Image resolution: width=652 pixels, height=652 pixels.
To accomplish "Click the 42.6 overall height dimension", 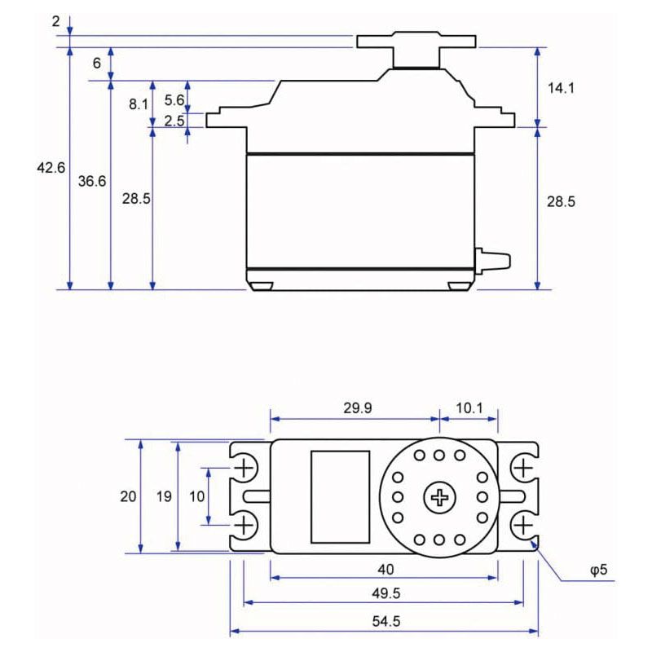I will [51, 168].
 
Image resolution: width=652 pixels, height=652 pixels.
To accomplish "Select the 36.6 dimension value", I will [92, 181].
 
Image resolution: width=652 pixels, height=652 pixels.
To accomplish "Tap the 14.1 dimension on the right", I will [561, 87].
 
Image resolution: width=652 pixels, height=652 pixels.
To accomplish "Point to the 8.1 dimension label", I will [139, 104].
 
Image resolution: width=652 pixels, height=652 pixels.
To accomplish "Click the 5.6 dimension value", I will [174, 99].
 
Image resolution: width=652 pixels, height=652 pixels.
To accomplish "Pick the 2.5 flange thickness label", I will [174, 121].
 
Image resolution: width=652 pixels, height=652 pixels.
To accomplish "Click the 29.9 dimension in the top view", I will [356, 408].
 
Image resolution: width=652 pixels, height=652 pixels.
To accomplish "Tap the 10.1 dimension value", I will [469, 408].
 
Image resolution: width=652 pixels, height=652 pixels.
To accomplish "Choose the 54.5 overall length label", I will [384, 620].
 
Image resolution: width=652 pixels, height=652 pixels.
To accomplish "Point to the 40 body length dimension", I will [384, 568].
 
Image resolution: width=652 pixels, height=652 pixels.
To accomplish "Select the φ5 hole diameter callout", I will [598, 570].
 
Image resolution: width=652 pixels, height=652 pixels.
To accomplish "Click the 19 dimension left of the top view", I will [165, 496].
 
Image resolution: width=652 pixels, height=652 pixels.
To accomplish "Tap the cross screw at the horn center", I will [440, 496].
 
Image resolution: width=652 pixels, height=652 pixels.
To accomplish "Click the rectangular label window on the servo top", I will [340, 496].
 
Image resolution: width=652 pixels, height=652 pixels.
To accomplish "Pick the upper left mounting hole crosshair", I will [244, 468].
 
